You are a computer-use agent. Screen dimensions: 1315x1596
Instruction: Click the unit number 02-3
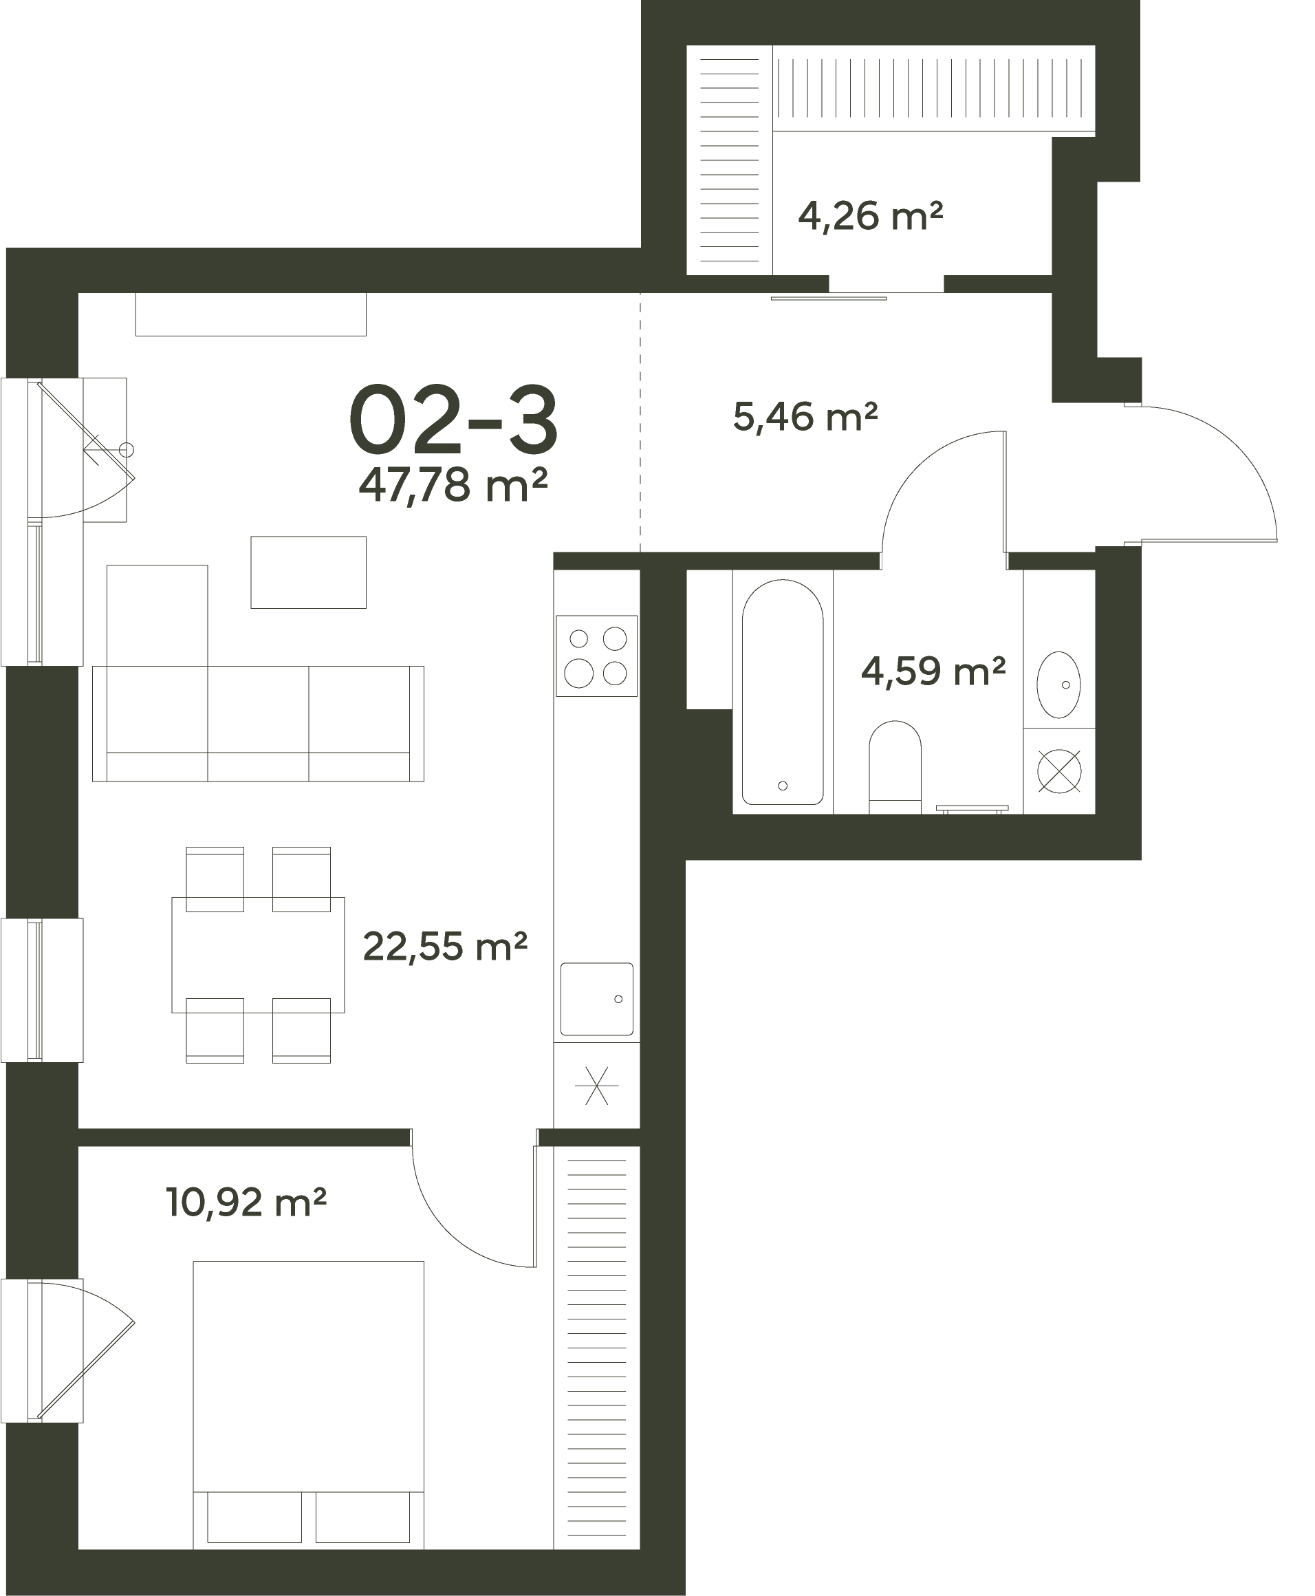[455, 419]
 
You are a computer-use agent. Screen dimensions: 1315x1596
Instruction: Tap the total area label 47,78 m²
[453, 486]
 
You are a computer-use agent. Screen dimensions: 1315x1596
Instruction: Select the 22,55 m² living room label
[445, 946]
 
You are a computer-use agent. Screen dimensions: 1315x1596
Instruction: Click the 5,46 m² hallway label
[805, 417]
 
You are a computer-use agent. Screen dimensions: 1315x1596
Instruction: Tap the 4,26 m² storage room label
[870, 216]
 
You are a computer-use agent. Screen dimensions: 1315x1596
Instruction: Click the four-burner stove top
[597, 656]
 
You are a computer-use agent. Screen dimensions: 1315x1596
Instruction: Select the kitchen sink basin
[597, 999]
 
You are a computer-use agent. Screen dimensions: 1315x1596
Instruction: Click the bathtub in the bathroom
[783, 692]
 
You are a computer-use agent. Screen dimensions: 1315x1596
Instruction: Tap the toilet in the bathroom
[895, 767]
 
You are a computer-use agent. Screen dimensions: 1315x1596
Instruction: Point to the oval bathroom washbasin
[1058, 684]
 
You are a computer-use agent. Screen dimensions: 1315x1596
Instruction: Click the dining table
[259, 955]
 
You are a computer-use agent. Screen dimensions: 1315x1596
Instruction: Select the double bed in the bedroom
[308, 1405]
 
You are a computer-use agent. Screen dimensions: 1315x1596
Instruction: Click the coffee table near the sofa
[308, 572]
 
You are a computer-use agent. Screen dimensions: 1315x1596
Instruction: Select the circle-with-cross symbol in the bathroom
[1059, 771]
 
